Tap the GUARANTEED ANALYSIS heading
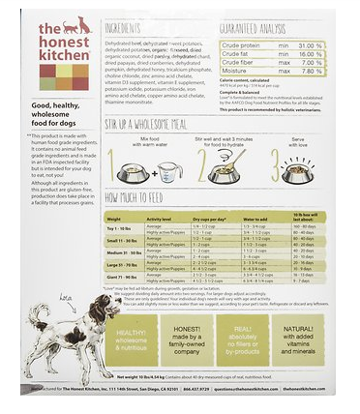tap(255, 29)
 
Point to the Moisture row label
tap(236, 71)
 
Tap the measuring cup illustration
tap(167, 172)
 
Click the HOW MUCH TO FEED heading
tap(141, 197)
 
